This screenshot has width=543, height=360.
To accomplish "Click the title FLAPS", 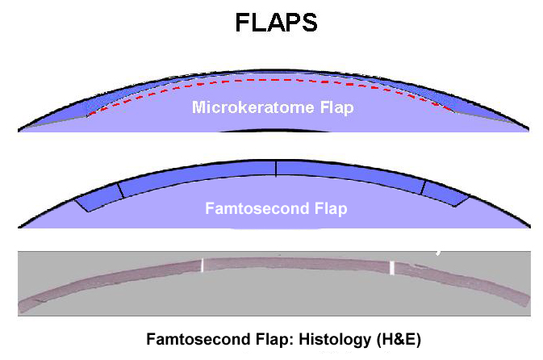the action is [276, 23].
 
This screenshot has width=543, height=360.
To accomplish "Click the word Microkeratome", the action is [254, 107].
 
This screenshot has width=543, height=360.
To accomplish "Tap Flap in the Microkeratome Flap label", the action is [337, 107].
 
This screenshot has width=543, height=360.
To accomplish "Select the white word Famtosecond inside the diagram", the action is [257, 208].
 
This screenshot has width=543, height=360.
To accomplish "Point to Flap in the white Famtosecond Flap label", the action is [331, 209].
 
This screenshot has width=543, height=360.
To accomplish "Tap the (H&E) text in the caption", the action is [399, 339].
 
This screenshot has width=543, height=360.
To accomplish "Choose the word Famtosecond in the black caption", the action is [198, 339].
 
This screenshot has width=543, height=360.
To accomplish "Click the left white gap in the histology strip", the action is [203, 266].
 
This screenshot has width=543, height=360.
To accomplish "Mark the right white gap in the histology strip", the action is [392, 268].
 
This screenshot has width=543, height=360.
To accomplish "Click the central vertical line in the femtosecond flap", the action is [276, 169].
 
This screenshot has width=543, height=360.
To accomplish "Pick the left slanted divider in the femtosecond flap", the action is [120, 190].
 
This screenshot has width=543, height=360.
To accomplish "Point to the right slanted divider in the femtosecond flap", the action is [423, 187].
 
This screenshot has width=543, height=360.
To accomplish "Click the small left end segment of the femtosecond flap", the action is [99, 197].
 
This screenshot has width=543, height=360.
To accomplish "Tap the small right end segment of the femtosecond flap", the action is [445, 194].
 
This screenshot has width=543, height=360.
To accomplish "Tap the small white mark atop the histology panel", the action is [438, 253].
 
